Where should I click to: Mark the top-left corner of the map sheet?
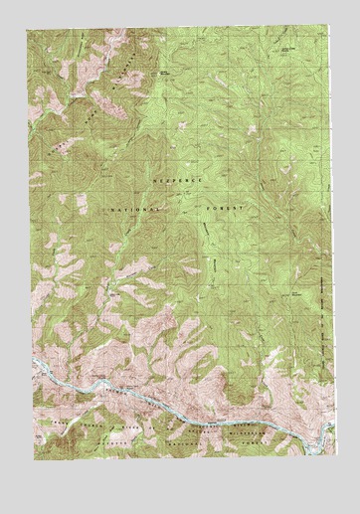pos(28,28)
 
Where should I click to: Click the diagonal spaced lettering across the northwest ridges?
pos(94,109)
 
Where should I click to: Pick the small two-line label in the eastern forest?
pos(295,293)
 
